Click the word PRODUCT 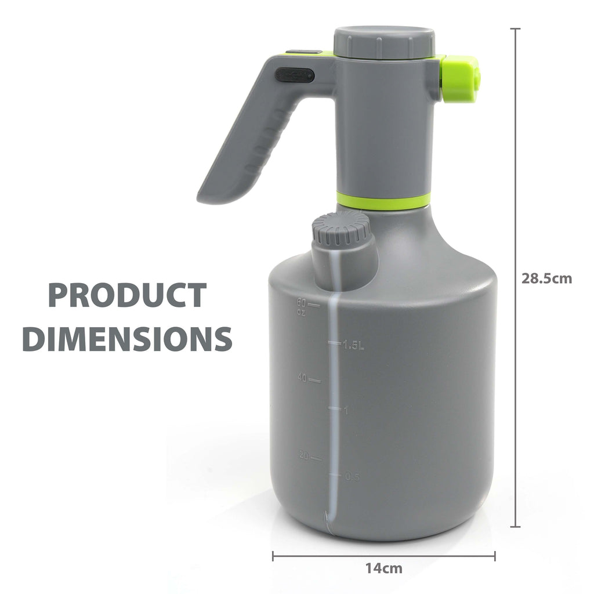(126, 295)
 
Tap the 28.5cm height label (546, 278)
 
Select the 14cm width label (383, 568)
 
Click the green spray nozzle (460, 79)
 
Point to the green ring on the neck (383, 201)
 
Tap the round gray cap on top (384, 42)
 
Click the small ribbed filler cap (342, 228)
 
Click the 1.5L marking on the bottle (353, 346)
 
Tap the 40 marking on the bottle (302, 378)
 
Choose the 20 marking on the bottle (302, 455)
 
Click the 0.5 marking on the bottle (352, 477)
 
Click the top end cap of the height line (515, 28)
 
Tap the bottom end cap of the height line (515, 527)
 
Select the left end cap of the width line (273, 556)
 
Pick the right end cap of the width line (495, 556)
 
